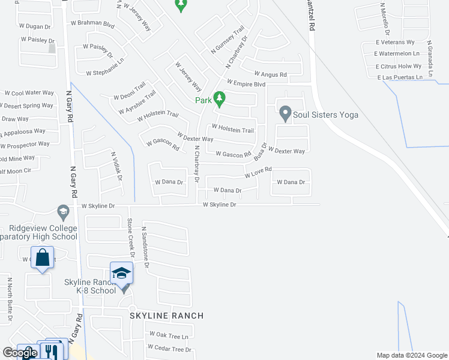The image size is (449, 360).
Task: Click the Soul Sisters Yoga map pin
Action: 285,113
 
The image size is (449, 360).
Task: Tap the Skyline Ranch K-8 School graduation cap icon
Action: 121,274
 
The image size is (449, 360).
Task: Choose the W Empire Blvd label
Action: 246,84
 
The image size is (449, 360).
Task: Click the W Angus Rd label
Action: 270,75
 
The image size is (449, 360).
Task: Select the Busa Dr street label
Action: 260,149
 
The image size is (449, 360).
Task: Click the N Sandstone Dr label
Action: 145,246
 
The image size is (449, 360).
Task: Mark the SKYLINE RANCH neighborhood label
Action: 166,316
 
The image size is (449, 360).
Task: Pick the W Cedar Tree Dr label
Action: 170,349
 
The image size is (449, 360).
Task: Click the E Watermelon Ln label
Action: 399,54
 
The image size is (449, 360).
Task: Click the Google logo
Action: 19,353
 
